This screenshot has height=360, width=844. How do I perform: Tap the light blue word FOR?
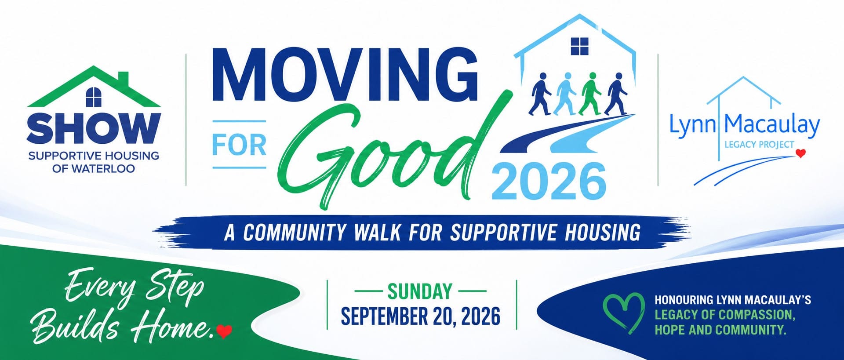[239, 145]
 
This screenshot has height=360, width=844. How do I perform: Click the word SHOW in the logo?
[94, 128]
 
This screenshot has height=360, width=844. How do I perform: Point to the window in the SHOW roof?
[94, 97]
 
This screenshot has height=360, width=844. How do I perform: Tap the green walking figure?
[590, 94]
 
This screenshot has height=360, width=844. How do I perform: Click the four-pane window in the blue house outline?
[579, 46]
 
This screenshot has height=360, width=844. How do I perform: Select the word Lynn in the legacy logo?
[692, 125]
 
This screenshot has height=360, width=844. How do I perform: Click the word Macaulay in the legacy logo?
[772, 125]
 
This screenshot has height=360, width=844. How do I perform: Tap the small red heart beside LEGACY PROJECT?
[801, 153]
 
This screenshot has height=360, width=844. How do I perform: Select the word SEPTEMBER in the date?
[385, 316]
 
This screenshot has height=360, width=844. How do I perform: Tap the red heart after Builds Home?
[224, 331]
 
